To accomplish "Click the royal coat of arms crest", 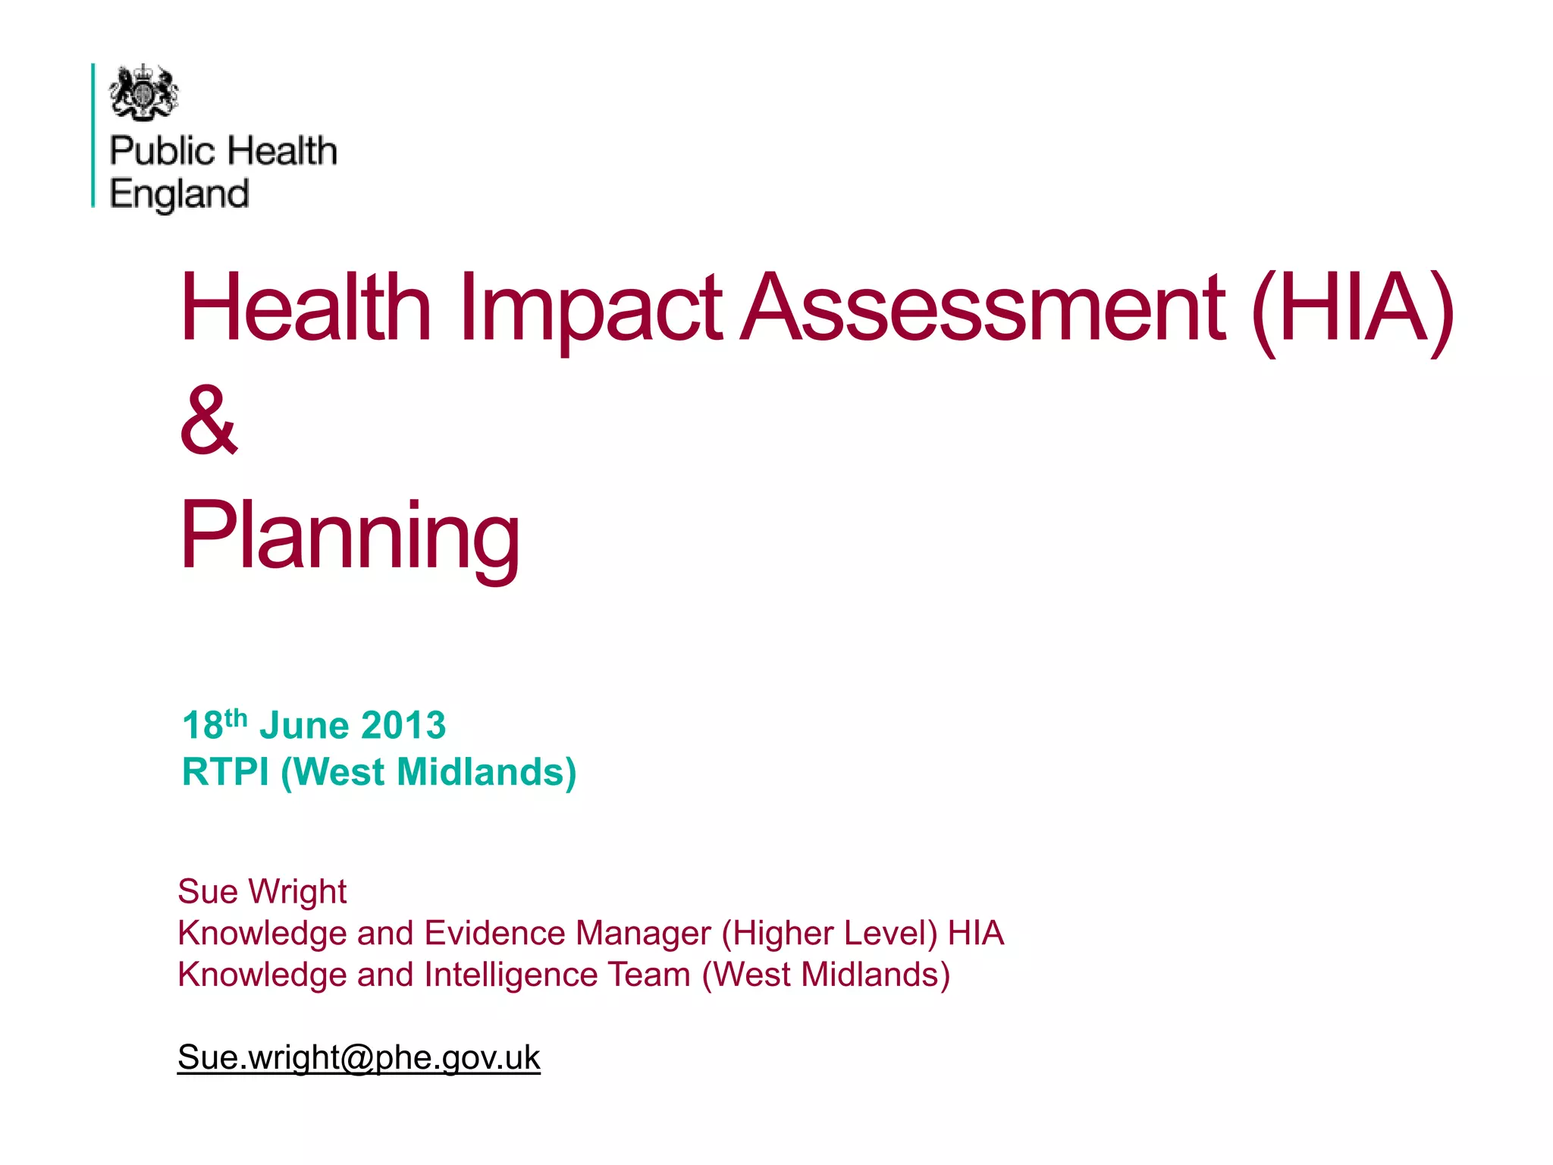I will pyautogui.click(x=144, y=93).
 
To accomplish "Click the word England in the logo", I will pyautogui.click(x=179, y=194).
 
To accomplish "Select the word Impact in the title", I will pyautogui.click(x=590, y=308).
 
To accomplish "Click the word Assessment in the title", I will pyautogui.click(x=982, y=306).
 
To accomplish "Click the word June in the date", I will pyautogui.click(x=304, y=725).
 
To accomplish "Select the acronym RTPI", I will pyautogui.click(x=225, y=772).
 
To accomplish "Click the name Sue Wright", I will pyautogui.click(x=262, y=891).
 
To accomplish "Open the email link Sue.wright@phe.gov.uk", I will pyautogui.click(x=359, y=1057).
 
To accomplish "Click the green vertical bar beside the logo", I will pyautogui.click(x=93, y=135).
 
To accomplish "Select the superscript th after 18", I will pyautogui.click(x=236, y=717).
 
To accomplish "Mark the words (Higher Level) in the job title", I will pyautogui.click(x=830, y=933).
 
